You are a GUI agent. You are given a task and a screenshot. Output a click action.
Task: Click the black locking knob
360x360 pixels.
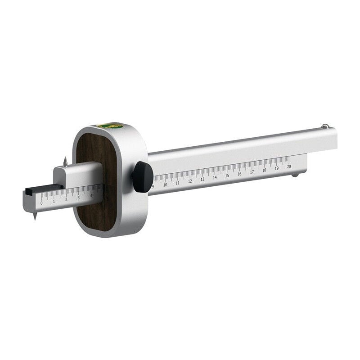pos(142,176)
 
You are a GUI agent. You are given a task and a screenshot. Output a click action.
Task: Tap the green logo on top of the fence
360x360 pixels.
pos(110,126)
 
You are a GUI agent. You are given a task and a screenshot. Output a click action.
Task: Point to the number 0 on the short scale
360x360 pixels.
pos(41,203)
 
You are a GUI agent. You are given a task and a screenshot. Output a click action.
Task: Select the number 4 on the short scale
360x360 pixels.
pos(91,195)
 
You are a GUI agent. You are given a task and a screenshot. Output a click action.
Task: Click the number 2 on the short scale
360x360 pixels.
pos(66,199)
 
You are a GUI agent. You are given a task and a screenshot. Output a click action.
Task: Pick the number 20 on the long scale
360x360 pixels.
pos(288,166)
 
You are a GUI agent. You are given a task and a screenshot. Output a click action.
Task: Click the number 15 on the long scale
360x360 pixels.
pos(227,175)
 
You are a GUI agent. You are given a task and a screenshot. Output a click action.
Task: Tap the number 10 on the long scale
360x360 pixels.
pos(165,184)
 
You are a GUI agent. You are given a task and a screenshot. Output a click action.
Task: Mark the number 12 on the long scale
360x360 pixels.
pos(190,181)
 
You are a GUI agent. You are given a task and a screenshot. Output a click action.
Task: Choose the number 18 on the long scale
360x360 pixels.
pos(264,170)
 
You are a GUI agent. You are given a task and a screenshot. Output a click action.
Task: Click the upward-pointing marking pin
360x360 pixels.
pos(65,161)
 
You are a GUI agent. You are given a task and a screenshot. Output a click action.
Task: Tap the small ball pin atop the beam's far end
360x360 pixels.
pos(325,126)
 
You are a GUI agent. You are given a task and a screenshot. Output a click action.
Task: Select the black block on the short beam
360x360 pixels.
pos(43,189)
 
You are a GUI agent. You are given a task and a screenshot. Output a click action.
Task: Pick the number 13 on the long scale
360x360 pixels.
pos(202,179)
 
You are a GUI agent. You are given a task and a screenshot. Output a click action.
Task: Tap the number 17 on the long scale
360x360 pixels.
pos(252,171)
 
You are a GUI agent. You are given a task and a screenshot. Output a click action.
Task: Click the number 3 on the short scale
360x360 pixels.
pos(78,198)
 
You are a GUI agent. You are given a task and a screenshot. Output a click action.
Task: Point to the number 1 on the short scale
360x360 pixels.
pos(54,201)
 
